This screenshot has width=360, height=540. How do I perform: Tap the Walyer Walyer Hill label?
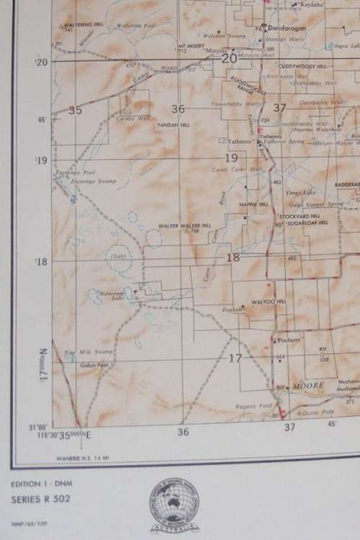[182, 226]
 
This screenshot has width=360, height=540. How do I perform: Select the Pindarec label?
[289, 338]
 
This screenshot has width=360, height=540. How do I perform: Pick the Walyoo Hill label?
[269, 301]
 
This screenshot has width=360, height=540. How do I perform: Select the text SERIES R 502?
[40, 499]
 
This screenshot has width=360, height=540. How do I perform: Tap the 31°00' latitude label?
[38, 426]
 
